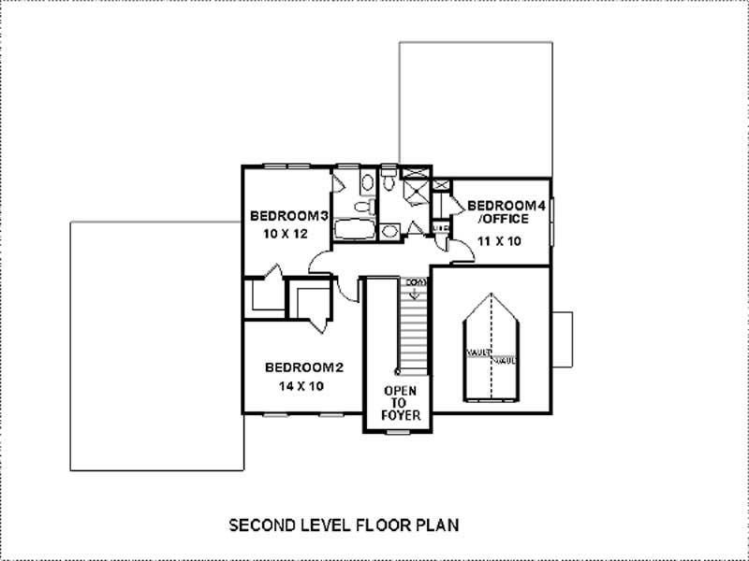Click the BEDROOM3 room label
click(x=288, y=217)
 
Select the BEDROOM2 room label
click(x=303, y=367)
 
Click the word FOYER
click(x=400, y=415)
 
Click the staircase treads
click(x=413, y=327)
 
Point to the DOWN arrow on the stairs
click(x=414, y=287)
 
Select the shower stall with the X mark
click(x=413, y=189)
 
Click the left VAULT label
click(x=477, y=352)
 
